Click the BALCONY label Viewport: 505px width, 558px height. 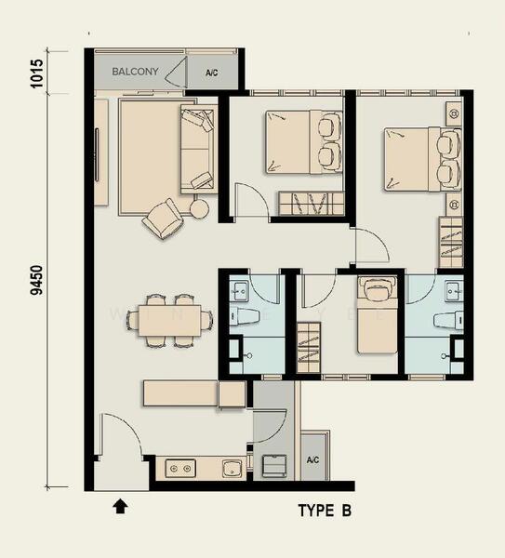coord(135,72)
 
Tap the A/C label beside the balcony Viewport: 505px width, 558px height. coord(212,73)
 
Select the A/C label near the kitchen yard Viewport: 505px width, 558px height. coord(312,459)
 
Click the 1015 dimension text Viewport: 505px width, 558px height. coord(36,73)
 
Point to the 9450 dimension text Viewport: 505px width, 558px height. coord(36,280)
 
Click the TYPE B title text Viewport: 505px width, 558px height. coord(325,511)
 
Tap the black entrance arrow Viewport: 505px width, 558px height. coord(121,506)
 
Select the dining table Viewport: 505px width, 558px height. coord(170,320)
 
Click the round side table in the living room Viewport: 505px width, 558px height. coord(199,208)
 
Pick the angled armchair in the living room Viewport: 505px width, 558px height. coord(163,219)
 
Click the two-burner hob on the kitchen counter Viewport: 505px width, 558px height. coord(180,469)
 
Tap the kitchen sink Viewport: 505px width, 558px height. coord(233,469)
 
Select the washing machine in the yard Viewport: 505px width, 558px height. coord(274,466)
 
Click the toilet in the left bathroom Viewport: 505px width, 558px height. coord(244,317)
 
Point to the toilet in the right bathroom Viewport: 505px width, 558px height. coord(449,319)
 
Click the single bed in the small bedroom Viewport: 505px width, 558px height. coord(378,315)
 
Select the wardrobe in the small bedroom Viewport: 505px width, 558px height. coord(309,348)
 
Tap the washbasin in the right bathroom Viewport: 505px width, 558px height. coord(454,290)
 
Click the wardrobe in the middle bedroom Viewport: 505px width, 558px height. coord(311,203)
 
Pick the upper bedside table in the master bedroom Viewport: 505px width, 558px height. coord(454,113)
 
